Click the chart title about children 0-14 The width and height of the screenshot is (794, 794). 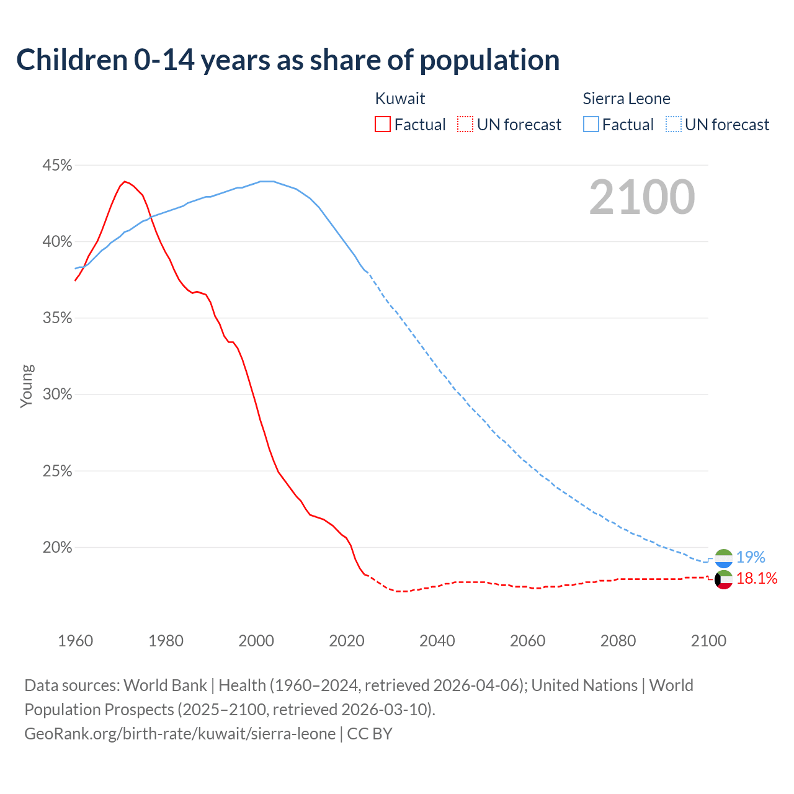click(x=288, y=60)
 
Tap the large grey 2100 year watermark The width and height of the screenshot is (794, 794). click(x=642, y=197)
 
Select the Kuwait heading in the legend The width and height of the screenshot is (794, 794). click(x=400, y=99)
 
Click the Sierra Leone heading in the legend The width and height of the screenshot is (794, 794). click(x=627, y=99)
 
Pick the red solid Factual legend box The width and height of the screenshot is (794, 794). click(x=383, y=125)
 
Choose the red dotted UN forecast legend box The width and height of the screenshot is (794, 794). click(x=465, y=125)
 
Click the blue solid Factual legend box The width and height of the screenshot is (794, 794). click(x=591, y=125)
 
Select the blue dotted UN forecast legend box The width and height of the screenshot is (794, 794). click(x=673, y=125)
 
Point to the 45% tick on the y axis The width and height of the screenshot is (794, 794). click(x=57, y=166)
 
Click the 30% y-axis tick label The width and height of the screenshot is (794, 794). click(x=57, y=395)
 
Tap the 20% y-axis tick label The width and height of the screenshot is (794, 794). click(x=57, y=548)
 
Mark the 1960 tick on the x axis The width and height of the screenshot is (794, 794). click(x=75, y=641)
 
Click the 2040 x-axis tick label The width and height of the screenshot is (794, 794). click(x=437, y=641)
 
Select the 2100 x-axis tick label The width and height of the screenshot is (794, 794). click(x=708, y=641)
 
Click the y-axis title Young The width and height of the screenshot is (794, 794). click(x=27, y=386)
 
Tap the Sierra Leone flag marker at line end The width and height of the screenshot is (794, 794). click(x=724, y=558)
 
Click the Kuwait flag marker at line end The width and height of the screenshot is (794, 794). click(x=724, y=579)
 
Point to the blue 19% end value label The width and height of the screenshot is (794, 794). click(x=751, y=557)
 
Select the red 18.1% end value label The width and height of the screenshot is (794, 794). click(x=757, y=579)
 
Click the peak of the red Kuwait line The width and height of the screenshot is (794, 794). click(x=125, y=182)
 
